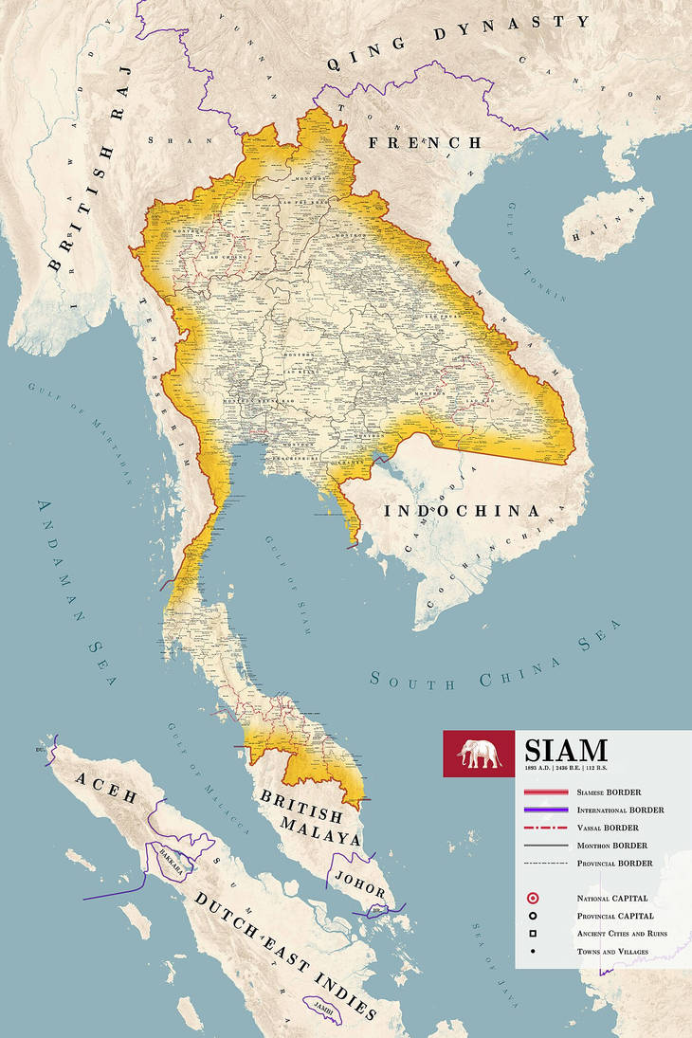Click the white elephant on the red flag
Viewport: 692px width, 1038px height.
(479, 754)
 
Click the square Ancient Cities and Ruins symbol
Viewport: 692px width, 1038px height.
(534, 934)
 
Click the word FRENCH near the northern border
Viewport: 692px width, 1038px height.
(425, 142)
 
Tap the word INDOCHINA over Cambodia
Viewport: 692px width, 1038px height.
(462, 511)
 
